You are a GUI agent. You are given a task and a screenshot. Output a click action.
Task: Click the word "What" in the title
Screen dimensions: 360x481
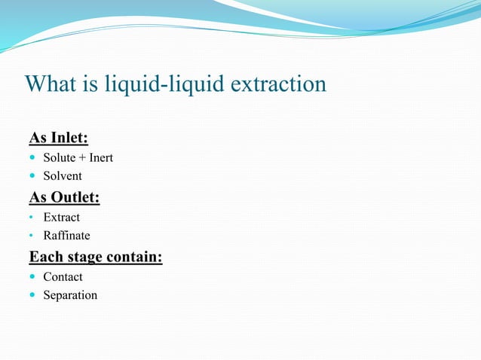point(51,84)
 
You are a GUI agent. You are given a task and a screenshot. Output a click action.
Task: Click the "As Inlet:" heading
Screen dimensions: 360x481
point(58,138)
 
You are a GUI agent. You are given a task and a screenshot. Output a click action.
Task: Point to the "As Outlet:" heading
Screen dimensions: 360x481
point(64,197)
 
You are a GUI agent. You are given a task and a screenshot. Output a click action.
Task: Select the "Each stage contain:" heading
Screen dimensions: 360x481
point(96,257)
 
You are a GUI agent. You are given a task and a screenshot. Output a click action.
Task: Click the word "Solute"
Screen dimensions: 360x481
point(59,158)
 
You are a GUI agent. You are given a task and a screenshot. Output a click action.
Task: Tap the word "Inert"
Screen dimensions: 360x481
point(100,158)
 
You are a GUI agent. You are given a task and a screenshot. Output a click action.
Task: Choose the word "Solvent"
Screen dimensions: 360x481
point(63,176)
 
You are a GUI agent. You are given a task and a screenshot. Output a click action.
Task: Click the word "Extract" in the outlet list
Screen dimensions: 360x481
point(61,218)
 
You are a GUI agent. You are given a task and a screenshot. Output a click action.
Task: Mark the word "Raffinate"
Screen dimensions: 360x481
point(66,236)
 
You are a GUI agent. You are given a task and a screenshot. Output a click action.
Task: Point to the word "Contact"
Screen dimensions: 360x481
point(63,277)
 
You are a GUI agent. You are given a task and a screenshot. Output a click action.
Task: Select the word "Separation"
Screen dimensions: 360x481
point(70,295)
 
